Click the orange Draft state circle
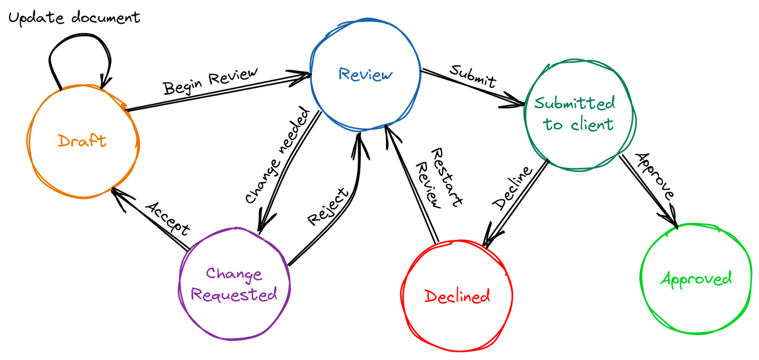click(x=83, y=141)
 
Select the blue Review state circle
click(x=365, y=75)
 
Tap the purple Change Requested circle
click(x=234, y=285)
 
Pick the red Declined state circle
click(x=457, y=295)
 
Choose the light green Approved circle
click(x=696, y=279)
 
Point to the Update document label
click(x=74, y=18)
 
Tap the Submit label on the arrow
click(x=473, y=74)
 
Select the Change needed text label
click(x=277, y=156)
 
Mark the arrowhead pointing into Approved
click(x=671, y=219)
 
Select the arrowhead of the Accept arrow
click(x=117, y=194)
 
